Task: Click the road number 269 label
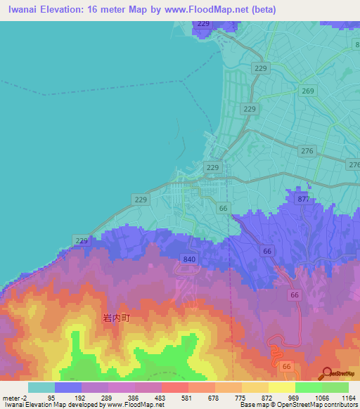click(307, 91)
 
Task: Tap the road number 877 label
click(304, 200)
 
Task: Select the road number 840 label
click(189, 259)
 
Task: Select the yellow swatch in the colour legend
click(281, 387)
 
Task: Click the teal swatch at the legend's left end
click(41, 387)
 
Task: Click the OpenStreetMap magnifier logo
click(327, 373)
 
